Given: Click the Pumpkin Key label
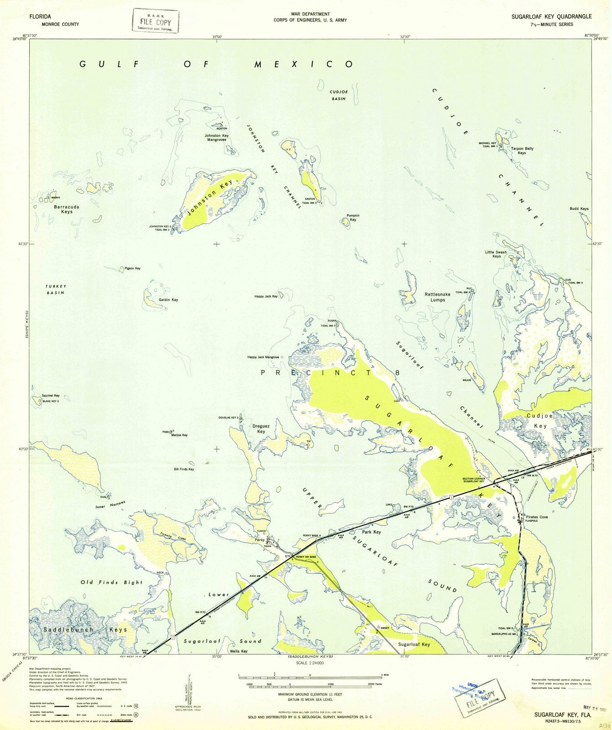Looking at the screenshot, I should click(x=353, y=218).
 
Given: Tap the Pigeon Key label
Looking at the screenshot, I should click(x=132, y=268).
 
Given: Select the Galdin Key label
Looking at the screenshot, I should click(x=168, y=300).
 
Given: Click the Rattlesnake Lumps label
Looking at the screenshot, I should click(x=437, y=297).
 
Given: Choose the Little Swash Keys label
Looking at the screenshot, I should click(x=496, y=254).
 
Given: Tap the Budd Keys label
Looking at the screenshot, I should click(x=579, y=209).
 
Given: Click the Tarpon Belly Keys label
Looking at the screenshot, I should click(x=522, y=151).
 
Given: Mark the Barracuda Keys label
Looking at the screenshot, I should click(x=67, y=209).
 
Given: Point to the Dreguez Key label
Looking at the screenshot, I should click(x=261, y=428).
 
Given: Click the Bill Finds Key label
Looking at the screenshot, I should click(x=184, y=469).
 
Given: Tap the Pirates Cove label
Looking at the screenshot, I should click(x=537, y=517).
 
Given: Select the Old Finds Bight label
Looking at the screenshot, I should click(x=111, y=582).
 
